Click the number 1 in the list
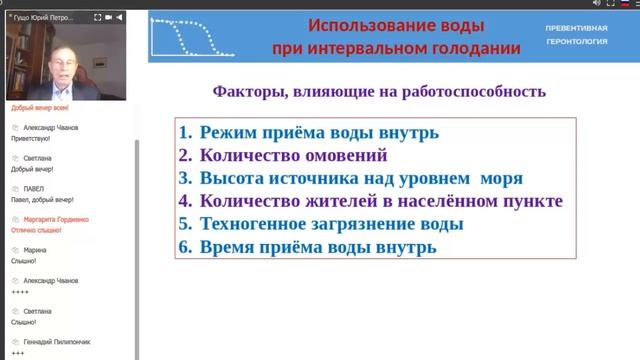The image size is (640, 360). (x=185, y=132)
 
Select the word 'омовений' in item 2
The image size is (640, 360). (x=350, y=155)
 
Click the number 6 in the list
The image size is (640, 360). (x=185, y=247)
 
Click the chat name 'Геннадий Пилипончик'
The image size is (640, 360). (x=59, y=342)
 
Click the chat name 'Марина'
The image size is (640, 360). (x=35, y=250)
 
